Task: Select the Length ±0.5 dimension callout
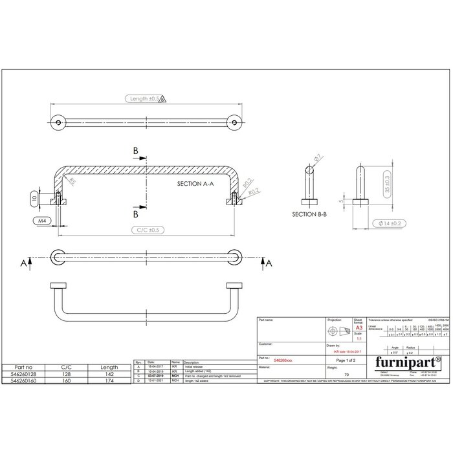[146, 99]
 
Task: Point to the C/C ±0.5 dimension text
[146, 230]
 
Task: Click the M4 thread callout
[42, 221]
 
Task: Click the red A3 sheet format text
[359, 328]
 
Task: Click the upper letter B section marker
[135, 151]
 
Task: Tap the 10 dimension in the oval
[34, 198]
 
